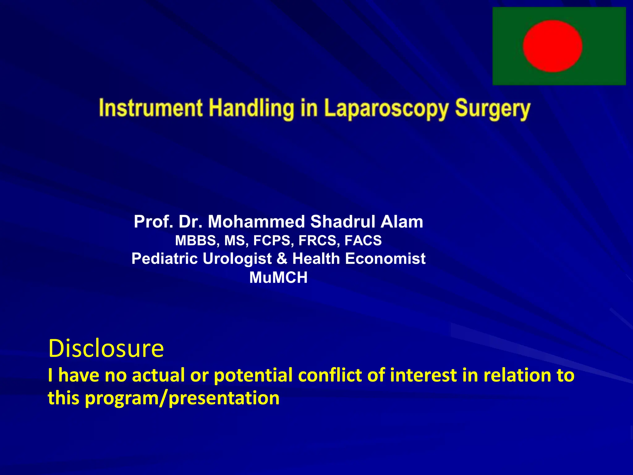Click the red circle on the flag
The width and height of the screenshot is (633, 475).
(x=552, y=46)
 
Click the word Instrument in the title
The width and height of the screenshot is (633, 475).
(x=151, y=108)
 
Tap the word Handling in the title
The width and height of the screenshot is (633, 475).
(x=251, y=108)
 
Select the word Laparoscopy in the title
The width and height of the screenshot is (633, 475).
(x=386, y=109)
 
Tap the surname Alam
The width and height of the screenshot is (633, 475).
(x=402, y=222)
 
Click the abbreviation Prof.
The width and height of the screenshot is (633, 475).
(x=153, y=222)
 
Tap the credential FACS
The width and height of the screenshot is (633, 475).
(x=363, y=241)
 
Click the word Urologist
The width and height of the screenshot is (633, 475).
(x=237, y=259)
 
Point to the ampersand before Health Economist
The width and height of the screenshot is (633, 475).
(x=282, y=259)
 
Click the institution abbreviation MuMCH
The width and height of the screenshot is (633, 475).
(x=278, y=277)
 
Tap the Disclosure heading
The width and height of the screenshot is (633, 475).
(x=106, y=348)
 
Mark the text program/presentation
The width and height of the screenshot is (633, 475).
(x=182, y=398)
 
